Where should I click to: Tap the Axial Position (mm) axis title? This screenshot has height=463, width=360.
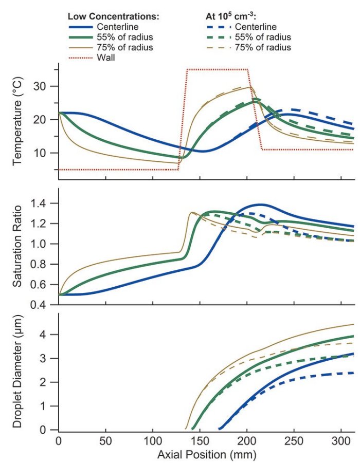tap(207, 454)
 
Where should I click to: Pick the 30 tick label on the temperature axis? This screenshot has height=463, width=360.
tap(47, 86)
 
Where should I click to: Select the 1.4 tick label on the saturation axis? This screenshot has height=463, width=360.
tap(45, 203)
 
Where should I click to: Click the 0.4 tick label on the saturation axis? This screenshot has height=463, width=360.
tap(45, 305)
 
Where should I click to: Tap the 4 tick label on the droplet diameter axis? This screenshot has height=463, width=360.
tap(50, 335)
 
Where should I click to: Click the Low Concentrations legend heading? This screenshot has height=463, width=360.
tap(114, 16)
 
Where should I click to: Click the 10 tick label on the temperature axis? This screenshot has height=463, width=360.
tap(47, 153)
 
